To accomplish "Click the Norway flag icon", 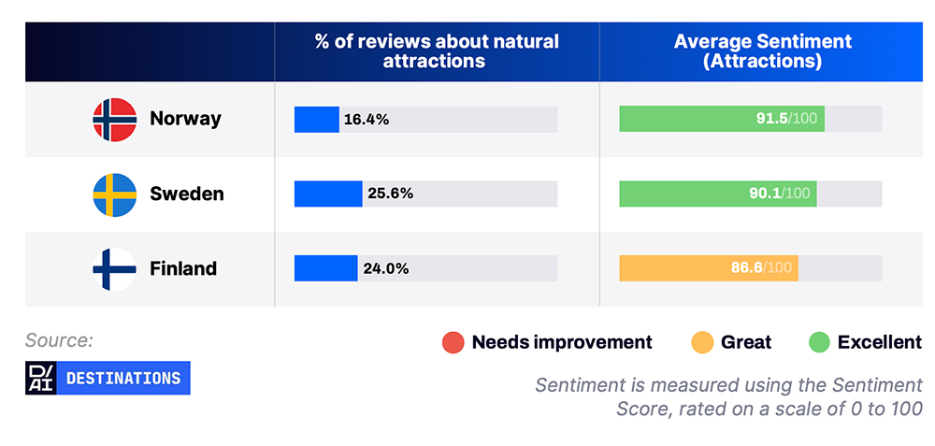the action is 114,120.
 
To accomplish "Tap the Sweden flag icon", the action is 114,194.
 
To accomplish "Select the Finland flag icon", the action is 114,269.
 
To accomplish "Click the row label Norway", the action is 185,119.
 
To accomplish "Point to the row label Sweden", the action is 187,194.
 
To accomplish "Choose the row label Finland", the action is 183,268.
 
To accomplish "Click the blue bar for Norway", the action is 317,120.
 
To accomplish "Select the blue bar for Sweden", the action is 328,194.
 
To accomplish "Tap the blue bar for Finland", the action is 326,268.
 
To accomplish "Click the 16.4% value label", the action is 367,120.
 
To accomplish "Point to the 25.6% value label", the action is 390,194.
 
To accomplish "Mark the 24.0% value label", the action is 386,268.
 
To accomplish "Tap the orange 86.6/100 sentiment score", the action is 761,267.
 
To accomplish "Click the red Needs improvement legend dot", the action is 453,342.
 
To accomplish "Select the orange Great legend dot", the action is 702,342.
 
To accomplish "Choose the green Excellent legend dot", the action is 819,342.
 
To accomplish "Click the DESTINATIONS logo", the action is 108,378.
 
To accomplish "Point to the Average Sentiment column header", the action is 763,51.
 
